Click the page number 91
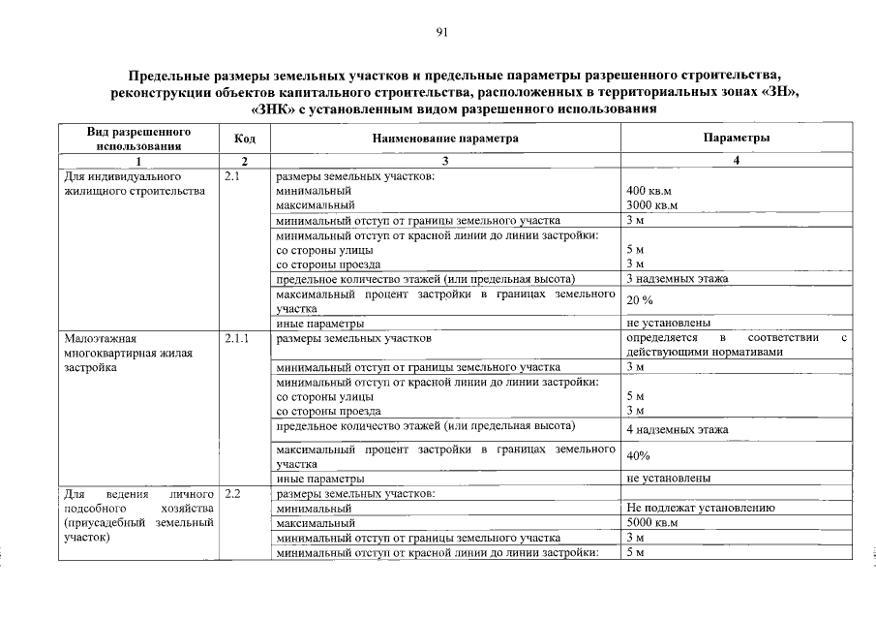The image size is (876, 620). pyautogui.click(x=440, y=33)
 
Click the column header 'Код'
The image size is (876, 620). pyautogui.click(x=245, y=139)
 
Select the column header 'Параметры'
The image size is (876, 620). pyautogui.click(x=737, y=139)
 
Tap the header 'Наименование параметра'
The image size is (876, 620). pyautogui.click(x=445, y=139)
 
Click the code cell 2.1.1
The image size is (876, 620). pyautogui.click(x=237, y=340)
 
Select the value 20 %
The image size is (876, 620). pyautogui.click(x=640, y=300)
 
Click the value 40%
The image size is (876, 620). pyautogui.click(x=638, y=455)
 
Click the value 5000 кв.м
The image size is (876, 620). pyautogui.click(x=652, y=523)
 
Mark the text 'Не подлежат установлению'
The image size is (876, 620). pyautogui.click(x=700, y=509)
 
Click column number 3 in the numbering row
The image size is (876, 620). pyautogui.click(x=445, y=161)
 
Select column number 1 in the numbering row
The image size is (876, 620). pyautogui.click(x=138, y=161)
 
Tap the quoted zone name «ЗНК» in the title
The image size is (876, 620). pyautogui.click(x=247, y=108)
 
